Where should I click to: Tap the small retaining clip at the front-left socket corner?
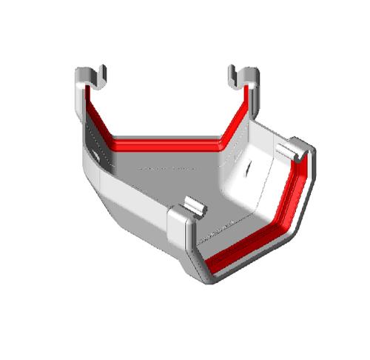click(192, 205)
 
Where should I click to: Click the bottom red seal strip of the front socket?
click(244, 248)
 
